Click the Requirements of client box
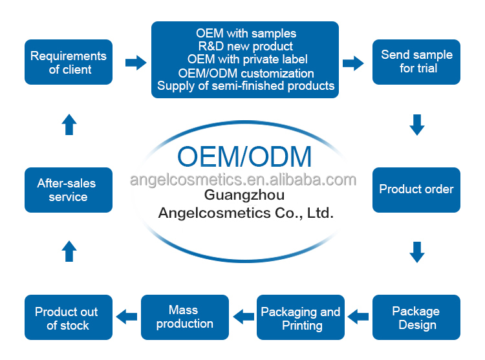69,62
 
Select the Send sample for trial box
416,62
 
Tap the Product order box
416,189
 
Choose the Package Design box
416,317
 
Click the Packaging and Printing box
301,317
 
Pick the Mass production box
185,317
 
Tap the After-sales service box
69,189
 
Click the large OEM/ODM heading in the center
244,156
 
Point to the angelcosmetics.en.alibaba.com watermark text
243,179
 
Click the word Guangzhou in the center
244,195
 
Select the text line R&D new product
245,47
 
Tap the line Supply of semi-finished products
246,86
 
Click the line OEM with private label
245,59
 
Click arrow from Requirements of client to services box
135,63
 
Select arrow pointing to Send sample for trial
352,63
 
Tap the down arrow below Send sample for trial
417,124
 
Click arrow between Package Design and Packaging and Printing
359,317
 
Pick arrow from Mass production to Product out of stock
127,317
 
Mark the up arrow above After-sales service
69,124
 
